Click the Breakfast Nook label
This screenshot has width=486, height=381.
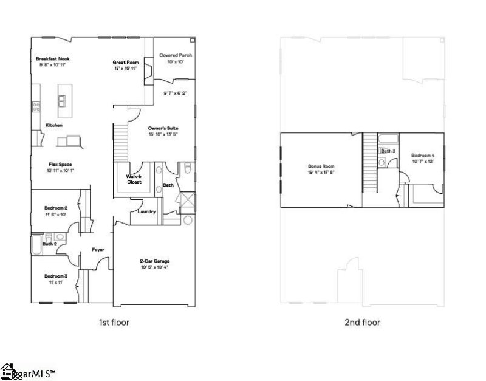pyautogui.click(x=53, y=58)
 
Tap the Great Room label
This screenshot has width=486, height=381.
pyautogui.click(x=126, y=62)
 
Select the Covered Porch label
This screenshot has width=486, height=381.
pyautogui.click(x=176, y=55)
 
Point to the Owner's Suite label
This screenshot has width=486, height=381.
pyautogui.click(x=163, y=129)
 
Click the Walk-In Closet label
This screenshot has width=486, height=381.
pyautogui.click(x=134, y=179)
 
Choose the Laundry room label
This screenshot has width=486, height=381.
pyautogui.click(x=147, y=211)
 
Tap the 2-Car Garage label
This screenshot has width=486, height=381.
pyautogui.click(x=155, y=262)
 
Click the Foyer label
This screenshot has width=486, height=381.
pyautogui.click(x=98, y=249)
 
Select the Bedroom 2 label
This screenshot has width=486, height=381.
pyautogui.click(x=56, y=208)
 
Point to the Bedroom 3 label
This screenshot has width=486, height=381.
pyautogui.click(x=56, y=276)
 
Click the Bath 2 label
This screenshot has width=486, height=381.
pyautogui.click(x=49, y=244)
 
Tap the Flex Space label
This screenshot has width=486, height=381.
pyautogui.click(x=44, y=164)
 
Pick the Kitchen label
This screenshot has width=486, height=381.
pyautogui.click(x=54, y=125)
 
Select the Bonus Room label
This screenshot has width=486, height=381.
pyautogui.click(x=321, y=166)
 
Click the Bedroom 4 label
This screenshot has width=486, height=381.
pyautogui.click(x=423, y=156)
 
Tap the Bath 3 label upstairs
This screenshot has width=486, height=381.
pyautogui.click(x=388, y=151)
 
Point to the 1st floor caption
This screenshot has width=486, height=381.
pyautogui.click(x=114, y=322)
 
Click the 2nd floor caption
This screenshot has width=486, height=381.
pyautogui.click(x=362, y=322)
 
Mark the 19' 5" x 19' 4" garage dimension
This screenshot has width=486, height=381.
pyautogui.click(x=155, y=267)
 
